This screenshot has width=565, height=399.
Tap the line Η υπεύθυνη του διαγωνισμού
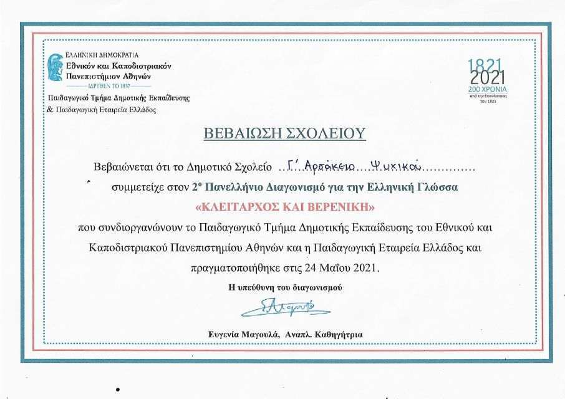tap(286, 288)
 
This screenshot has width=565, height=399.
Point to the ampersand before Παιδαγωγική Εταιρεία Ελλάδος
tap(51, 110)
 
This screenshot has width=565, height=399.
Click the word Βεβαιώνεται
tap(123, 167)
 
